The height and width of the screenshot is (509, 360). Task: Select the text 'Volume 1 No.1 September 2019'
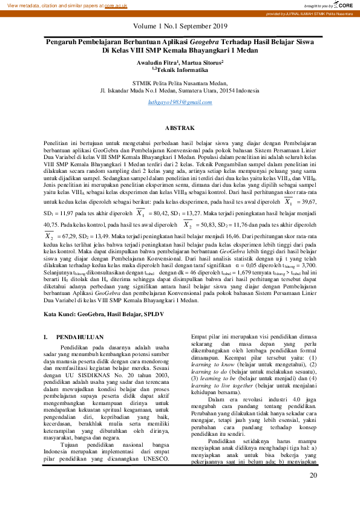click(180, 26)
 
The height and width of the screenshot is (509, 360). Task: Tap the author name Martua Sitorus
click(204, 62)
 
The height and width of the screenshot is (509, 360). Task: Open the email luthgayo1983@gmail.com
click(180, 103)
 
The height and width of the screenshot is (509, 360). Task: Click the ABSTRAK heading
click(180, 128)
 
